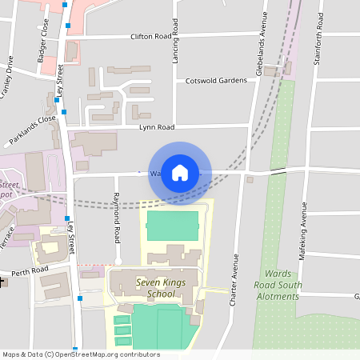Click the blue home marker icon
click(180, 172)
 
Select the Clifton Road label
click(151, 37)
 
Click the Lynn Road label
click(157, 127)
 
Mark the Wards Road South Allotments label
click(278, 284)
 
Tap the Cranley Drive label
click(7, 75)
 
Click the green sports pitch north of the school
click(172, 226)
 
